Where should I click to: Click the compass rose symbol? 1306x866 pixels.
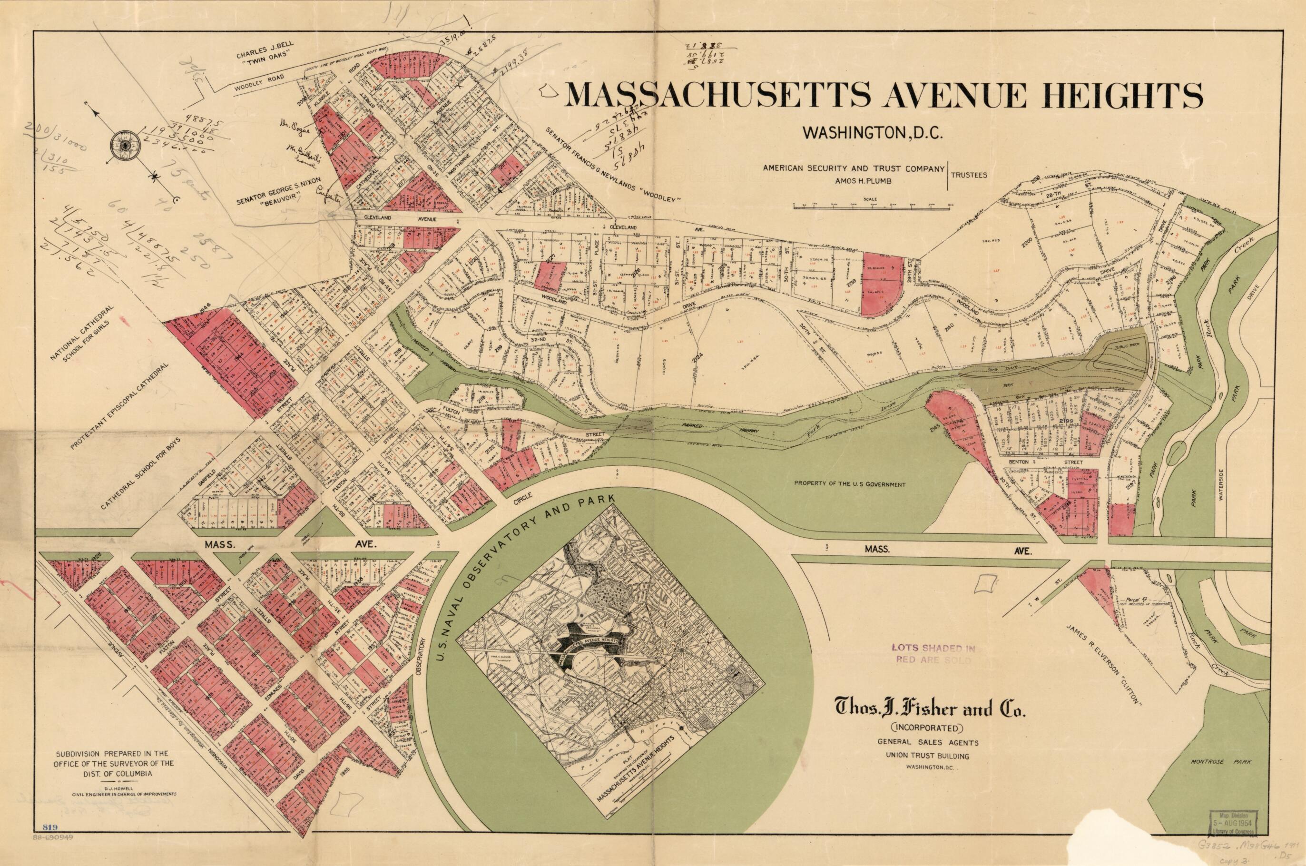[127, 145]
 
